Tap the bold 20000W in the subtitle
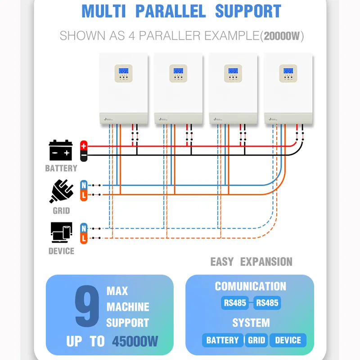[x=283, y=36]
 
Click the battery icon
[x=61, y=150]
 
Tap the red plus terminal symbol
[x=84, y=146]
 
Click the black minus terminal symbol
[x=84, y=156]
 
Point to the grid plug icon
[x=61, y=192]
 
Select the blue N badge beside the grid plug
[x=84, y=185]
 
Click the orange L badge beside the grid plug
[x=84, y=195]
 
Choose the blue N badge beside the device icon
[x=84, y=228]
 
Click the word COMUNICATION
[x=250, y=287]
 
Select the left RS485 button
[x=235, y=303]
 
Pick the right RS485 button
[x=267, y=303]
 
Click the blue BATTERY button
[x=222, y=340]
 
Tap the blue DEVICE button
[x=288, y=340]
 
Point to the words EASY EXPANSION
[x=251, y=262]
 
